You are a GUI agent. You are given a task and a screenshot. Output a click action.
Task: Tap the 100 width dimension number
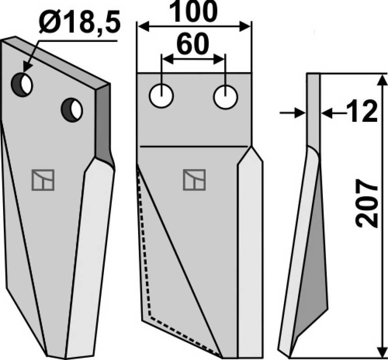193,11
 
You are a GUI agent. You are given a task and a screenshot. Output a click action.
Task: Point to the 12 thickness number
362,111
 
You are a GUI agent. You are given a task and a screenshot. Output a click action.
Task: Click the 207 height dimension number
367,203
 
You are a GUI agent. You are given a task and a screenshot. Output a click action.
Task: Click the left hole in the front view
161,96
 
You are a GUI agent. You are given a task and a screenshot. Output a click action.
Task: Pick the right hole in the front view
226,97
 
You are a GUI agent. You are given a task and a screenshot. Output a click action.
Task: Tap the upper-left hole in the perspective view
22,85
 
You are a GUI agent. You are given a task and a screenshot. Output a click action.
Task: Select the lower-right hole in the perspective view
72,110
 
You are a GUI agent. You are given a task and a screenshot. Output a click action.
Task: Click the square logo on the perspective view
43,180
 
